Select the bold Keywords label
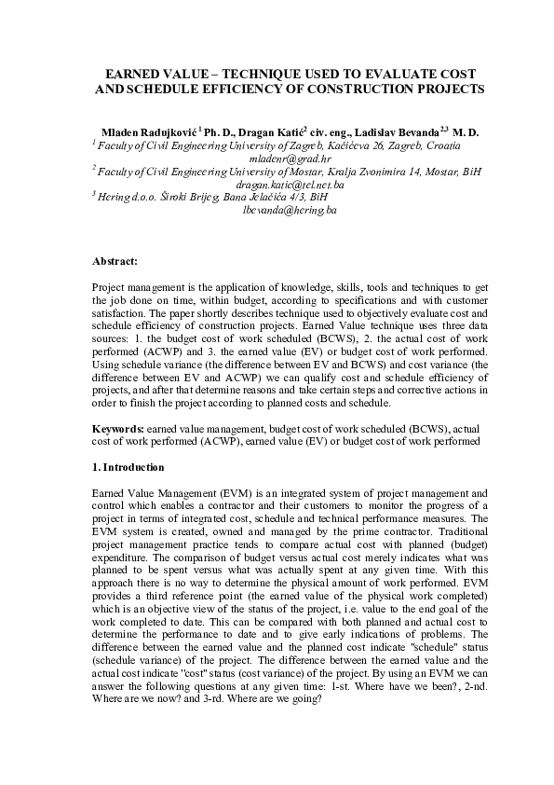pos(119,428)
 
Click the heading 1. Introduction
pos(129,467)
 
